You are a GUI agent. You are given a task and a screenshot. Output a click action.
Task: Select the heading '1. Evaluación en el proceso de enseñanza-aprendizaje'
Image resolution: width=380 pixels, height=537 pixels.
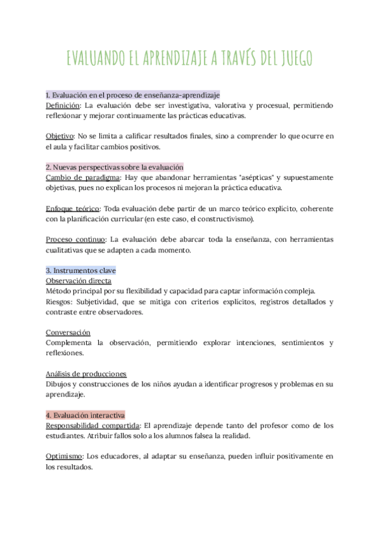point(133,94)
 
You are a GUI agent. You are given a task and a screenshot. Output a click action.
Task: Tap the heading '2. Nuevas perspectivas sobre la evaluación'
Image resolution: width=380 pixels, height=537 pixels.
point(115,167)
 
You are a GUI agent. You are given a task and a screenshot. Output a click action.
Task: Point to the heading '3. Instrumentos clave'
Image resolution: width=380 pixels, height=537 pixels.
point(80,270)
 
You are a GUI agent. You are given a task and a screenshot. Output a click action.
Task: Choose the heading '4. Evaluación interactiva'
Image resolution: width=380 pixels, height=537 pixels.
point(85,415)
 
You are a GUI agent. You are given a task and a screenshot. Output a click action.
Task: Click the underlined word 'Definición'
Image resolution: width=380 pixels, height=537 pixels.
point(63,105)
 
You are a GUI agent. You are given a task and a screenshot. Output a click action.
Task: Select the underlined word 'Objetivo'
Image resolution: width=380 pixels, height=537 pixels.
point(60,136)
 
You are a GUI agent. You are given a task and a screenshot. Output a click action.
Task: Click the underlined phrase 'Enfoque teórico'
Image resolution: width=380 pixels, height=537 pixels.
point(73,208)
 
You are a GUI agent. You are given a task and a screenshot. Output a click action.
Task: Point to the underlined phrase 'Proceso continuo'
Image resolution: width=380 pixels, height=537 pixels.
point(75,239)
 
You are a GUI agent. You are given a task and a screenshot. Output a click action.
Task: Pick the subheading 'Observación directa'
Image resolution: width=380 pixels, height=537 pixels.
point(79,281)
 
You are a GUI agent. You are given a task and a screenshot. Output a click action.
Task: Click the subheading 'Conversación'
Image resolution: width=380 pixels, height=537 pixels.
point(68,332)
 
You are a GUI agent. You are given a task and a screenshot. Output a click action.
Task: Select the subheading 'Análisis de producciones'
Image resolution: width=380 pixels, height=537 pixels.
point(85,374)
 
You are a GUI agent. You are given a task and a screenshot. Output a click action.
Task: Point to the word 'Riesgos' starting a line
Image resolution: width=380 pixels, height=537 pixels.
point(60,301)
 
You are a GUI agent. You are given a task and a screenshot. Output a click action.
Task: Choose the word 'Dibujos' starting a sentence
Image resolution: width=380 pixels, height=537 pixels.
point(60,384)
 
